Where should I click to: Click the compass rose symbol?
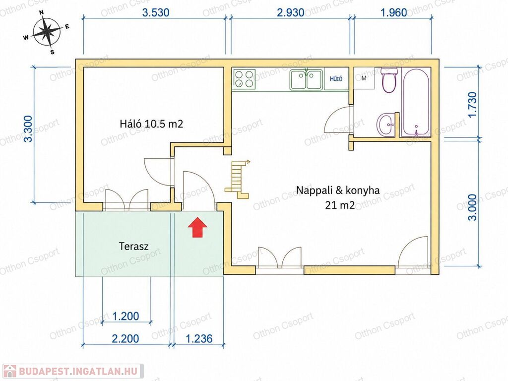tap(47, 31)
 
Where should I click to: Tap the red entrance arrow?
tap(197, 227)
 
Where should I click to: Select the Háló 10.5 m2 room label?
tap(151, 124)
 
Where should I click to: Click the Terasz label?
tap(133, 246)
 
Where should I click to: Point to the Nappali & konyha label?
tap(338, 190)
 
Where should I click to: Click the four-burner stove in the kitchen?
tap(244, 79)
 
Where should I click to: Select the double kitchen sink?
tap(306, 79)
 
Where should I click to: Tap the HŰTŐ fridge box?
tap(336, 79)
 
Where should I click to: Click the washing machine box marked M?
tap(364, 78)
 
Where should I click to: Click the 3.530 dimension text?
tap(156, 12)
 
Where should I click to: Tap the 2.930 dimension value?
tap(291, 12)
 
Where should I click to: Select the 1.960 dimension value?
tap(393, 12)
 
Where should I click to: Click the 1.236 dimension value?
tap(199, 339)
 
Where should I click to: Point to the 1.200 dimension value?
tap(126, 316)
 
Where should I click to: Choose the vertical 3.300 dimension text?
tap(28, 128)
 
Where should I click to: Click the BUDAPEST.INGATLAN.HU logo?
tap(72, 371)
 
